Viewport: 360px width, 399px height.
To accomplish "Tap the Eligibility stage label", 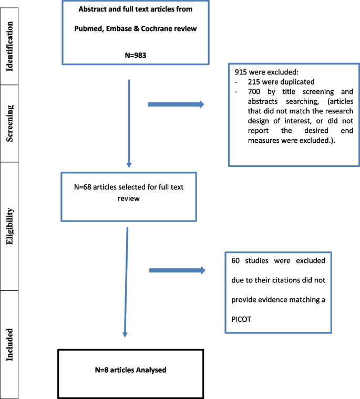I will (x=10, y=225).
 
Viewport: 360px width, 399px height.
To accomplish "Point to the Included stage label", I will (x=10, y=343).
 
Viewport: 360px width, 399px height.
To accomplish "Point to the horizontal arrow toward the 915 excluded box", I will (x=176, y=104).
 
